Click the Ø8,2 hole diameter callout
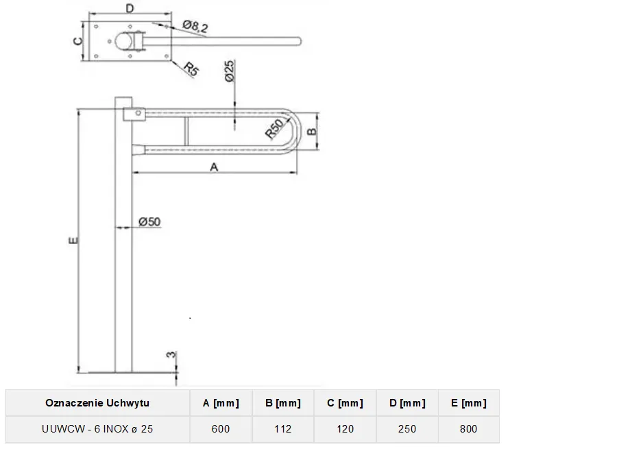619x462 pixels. click(x=196, y=27)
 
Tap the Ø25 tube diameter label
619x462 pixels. click(x=229, y=71)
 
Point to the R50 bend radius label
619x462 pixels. click(x=276, y=128)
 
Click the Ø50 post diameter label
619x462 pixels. click(x=149, y=221)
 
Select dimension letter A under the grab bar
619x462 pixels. click(x=214, y=167)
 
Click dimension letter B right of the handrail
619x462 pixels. click(x=311, y=130)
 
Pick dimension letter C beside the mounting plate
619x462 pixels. click(x=78, y=40)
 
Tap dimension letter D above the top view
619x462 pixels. click(x=130, y=8)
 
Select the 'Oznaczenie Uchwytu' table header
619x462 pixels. click(x=97, y=403)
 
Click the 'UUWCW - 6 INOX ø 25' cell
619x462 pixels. click(x=97, y=429)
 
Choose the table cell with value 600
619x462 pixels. click(x=221, y=429)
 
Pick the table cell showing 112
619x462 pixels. click(x=282, y=429)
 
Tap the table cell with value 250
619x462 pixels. click(x=407, y=429)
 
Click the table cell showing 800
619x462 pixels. click(x=468, y=429)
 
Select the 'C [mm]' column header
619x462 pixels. click(x=345, y=403)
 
